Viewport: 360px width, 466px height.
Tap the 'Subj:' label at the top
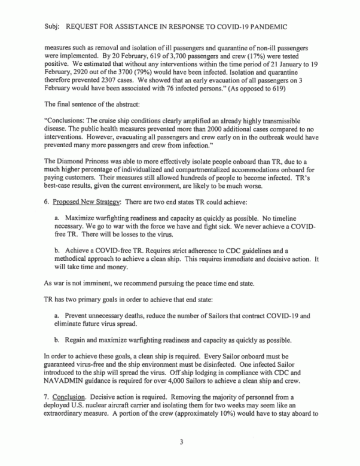click(x=54, y=27)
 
